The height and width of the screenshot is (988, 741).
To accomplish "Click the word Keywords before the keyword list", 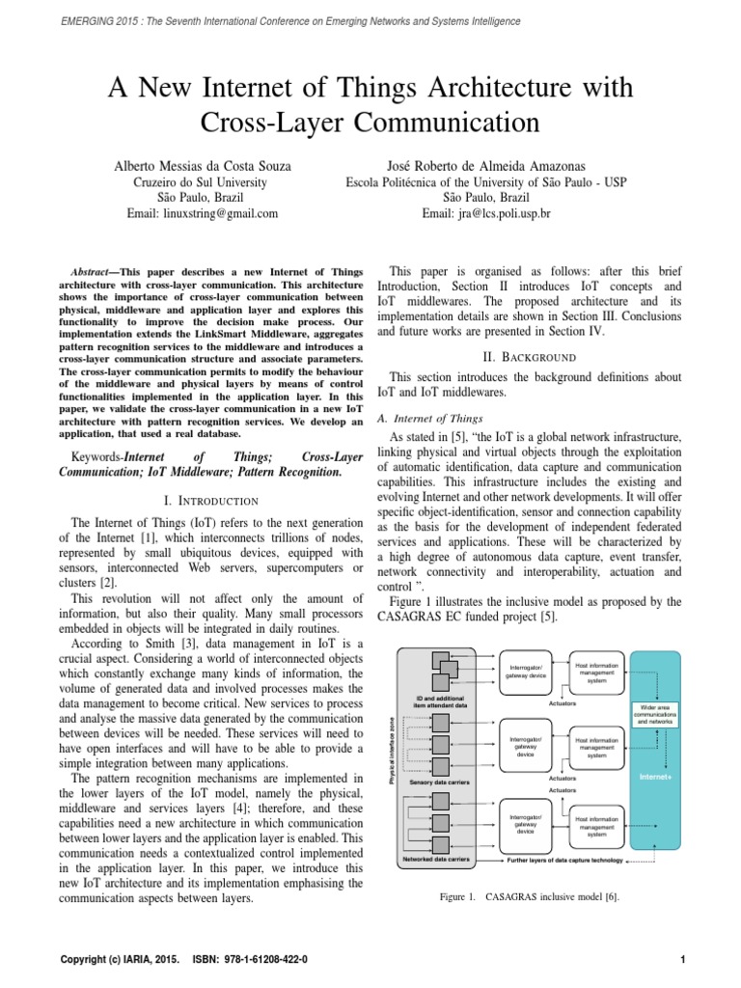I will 96,455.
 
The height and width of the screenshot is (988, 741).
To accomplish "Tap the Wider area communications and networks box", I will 654,714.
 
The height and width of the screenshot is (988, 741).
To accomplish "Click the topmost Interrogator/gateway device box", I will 526,671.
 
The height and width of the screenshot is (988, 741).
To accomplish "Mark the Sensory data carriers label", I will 439,782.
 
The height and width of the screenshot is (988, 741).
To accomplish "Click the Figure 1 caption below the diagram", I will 529,896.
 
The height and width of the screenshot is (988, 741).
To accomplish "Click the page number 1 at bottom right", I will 681,960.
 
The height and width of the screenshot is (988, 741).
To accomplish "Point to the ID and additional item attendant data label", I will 440,701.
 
